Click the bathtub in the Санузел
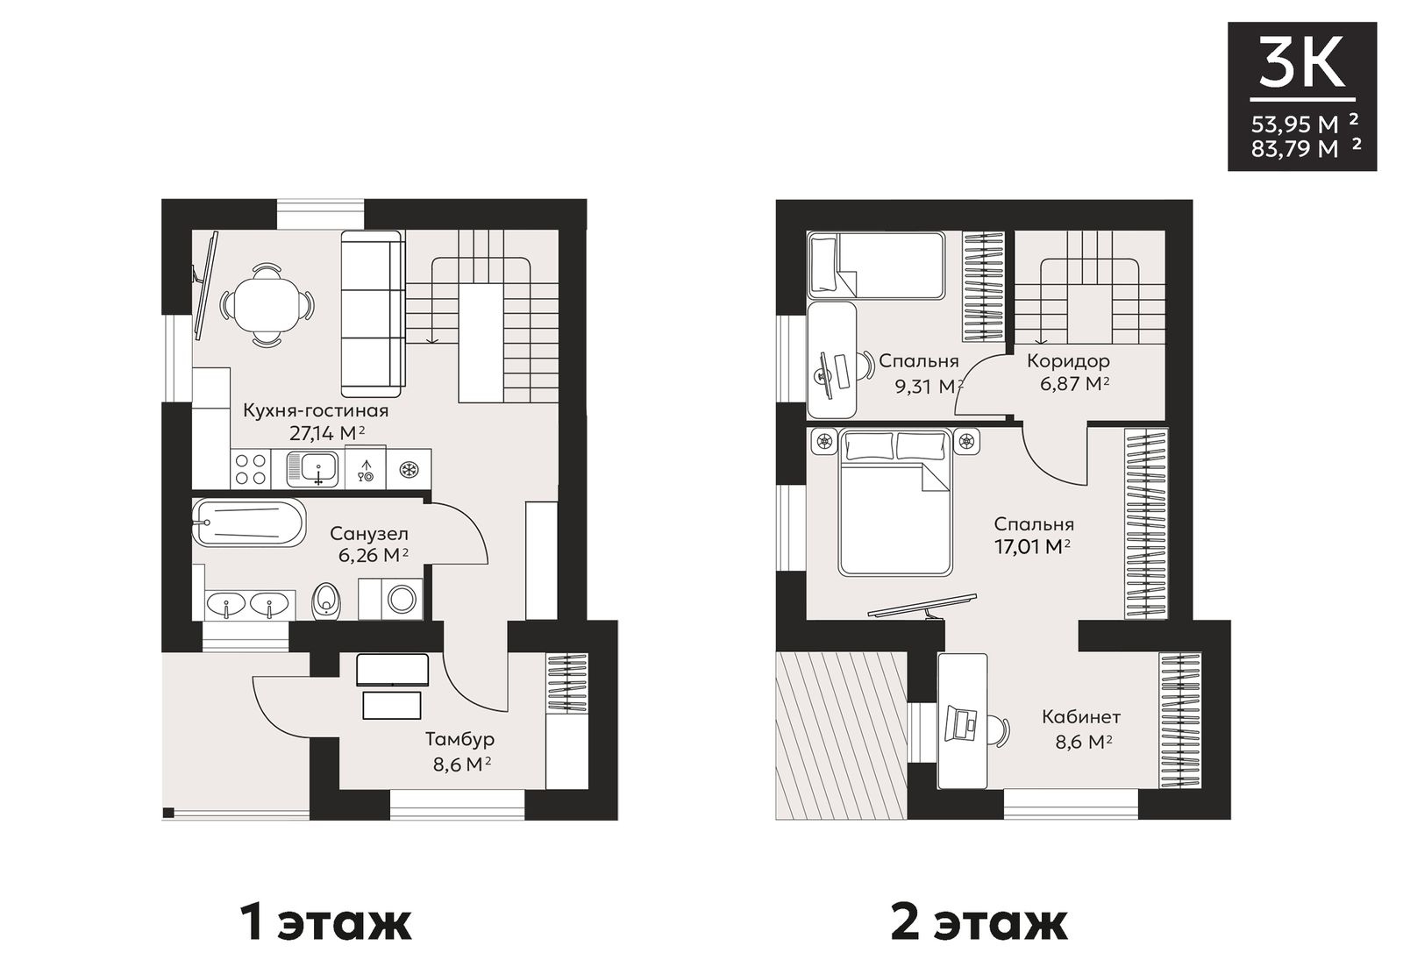(x=249, y=523)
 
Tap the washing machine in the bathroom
(x=390, y=599)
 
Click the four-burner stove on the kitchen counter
(x=250, y=469)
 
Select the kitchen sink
(x=312, y=469)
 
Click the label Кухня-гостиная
(x=316, y=411)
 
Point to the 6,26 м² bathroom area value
(x=374, y=555)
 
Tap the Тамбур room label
(x=459, y=739)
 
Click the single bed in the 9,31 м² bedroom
(x=876, y=265)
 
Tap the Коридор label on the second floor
(x=1069, y=360)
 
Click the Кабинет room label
(x=1081, y=716)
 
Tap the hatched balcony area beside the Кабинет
(x=841, y=736)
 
